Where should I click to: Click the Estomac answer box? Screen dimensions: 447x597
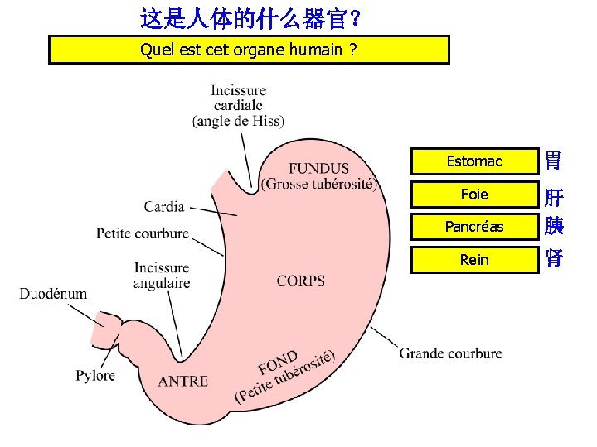(473, 161)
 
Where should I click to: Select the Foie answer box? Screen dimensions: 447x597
(473, 195)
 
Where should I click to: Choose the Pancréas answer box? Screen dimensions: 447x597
(473, 227)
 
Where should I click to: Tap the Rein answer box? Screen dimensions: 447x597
(473, 260)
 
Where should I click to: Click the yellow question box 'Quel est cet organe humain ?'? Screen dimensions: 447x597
(249, 50)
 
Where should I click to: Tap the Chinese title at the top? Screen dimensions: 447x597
(249, 16)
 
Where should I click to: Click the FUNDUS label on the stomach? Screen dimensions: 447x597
(318, 169)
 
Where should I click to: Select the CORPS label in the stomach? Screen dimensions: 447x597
(301, 281)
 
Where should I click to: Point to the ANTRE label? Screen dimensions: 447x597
(182, 381)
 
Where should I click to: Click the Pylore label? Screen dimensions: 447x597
(95, 376)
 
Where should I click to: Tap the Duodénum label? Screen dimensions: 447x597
(54, 294)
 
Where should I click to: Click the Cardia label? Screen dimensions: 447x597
(164, 206)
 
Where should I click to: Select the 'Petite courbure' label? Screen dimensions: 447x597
(143, 233)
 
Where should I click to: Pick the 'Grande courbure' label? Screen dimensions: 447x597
(450, 353)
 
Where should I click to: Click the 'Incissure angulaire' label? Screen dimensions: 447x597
(162, 276)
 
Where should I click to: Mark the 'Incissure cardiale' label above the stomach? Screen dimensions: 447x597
(239, 105)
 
